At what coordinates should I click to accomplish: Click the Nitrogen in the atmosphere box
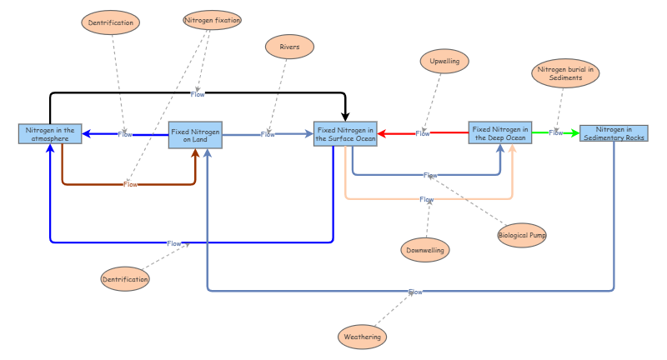click(x=50, y=133)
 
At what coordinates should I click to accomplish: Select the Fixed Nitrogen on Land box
click(x=195, y=134)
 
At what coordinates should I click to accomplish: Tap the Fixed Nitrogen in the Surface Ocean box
click(x=345, y=133)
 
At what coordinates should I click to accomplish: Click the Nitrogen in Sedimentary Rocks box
click(x=614, y=132)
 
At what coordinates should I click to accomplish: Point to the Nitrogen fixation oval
click(x=212, y=20)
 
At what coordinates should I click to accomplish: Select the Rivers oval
click(x=289, y=47)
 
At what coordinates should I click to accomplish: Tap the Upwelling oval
click(x=444, y=62)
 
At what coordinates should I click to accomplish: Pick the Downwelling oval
click(x=425, y=249)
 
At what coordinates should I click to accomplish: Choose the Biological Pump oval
click(x=522, y=236)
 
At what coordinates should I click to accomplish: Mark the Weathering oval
click(x=363, y=337)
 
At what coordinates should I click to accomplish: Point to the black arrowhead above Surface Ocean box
click(x=345, y=117)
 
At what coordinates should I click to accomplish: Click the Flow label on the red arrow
click(x=423, y=134)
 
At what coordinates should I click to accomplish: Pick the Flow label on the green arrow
click(x=555, y=133)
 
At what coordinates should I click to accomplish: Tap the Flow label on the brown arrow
click(x=130, y=184)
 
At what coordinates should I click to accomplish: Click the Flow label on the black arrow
click(x=198, y=94)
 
